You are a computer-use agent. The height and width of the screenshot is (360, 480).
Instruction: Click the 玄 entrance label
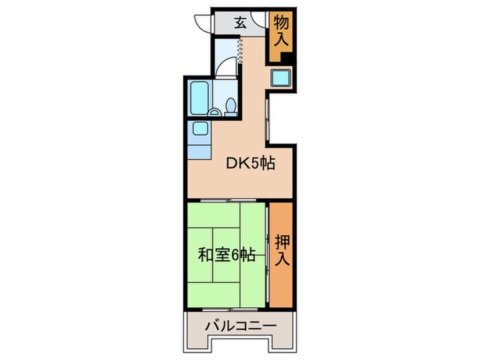(x=241, y=22)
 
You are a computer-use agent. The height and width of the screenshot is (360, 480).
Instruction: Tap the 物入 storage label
(x=282, y=32)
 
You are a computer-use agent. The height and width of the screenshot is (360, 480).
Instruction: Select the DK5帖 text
(x=252, y=165)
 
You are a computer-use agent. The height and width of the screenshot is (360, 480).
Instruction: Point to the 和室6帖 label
(x=227, y=255)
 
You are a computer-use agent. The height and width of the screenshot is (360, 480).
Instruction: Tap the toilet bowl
(x=231, y=106)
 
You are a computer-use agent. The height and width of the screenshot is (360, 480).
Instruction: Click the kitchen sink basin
(x=199, y=128)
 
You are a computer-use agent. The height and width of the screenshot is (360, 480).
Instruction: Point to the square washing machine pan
(x=282, y=78)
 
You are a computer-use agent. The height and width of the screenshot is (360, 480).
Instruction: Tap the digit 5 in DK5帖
(x=254, y=165)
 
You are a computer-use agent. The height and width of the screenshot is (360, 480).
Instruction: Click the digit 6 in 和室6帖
(x=235, y=255)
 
